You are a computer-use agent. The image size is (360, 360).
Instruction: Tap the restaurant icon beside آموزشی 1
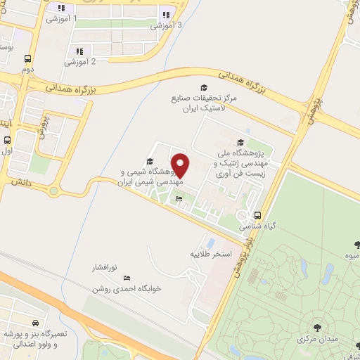61,8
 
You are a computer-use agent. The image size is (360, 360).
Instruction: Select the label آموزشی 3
167,25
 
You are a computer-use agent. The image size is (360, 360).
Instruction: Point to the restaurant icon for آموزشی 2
79,51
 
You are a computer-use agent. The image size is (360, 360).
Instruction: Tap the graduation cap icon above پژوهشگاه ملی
241,143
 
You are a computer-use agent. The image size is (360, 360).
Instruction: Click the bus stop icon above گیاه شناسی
257,216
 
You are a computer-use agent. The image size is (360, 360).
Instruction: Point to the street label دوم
27,70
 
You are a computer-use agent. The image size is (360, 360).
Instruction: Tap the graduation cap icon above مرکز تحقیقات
204,87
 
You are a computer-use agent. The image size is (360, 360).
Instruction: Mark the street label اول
7,150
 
